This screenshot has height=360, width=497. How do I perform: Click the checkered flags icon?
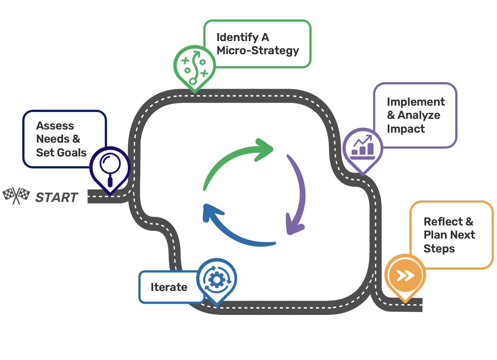click(16, 196)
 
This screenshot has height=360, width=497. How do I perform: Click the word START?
click(57, 198)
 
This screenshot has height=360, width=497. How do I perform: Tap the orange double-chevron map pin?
click(405, 276)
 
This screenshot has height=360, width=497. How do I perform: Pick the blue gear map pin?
click(216, 279)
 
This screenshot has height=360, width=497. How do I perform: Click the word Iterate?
click(169, 287)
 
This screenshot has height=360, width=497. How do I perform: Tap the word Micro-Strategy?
click(258, 51)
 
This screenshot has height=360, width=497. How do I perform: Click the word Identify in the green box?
click(237, 37)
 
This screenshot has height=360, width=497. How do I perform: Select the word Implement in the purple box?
click(416, 102)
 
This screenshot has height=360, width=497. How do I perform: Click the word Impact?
click(406, 129)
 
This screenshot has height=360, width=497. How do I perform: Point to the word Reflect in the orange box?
click(443, 222)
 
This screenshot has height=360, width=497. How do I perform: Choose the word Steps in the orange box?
click(439, 249)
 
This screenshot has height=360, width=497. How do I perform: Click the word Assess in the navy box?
click(55, 126)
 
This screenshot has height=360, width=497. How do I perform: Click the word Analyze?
click(419, 115)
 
